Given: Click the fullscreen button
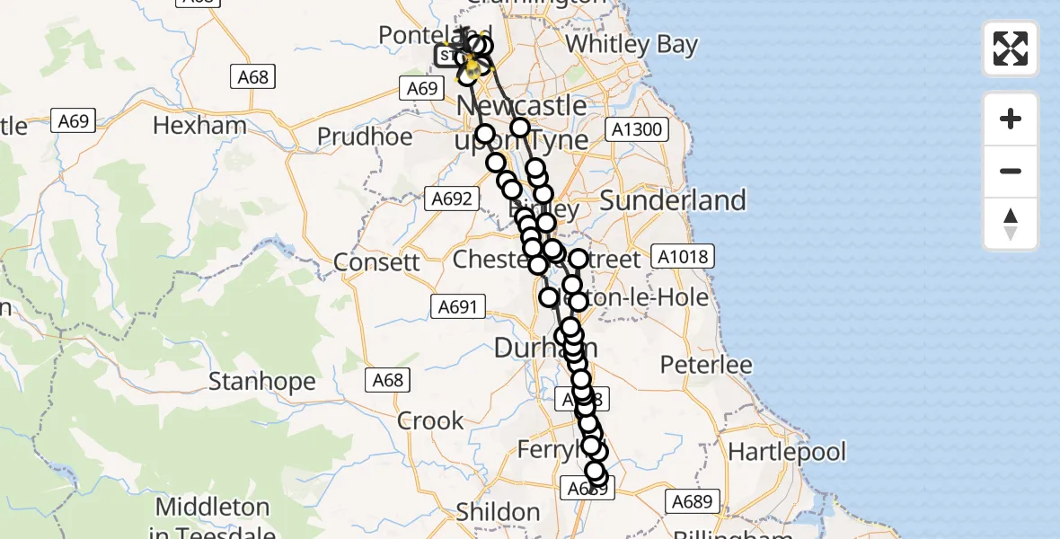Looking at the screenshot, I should [1011, 49].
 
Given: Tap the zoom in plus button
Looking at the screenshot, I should [1011, 119].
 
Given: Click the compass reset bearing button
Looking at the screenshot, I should [1011, 224].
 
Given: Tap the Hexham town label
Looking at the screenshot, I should [199, 125].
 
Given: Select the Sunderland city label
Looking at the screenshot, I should [673, 200].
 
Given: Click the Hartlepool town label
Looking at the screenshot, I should [788, 450].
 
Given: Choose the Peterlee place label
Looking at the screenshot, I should [706, 365].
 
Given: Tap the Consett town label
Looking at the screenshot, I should [376, 262].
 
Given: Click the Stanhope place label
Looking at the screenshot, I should [262, 382].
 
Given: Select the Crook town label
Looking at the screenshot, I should [430, 420].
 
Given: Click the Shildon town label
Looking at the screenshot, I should [498, 512].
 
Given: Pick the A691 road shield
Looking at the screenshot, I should [456, 307].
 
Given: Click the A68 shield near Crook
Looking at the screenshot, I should [388, 380].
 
